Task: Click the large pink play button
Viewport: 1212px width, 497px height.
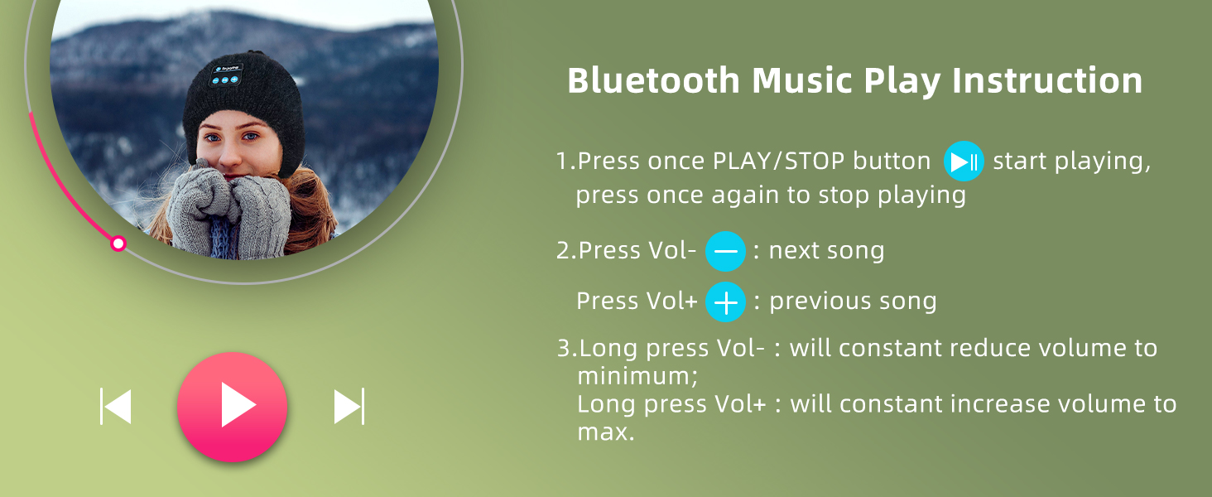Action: click(x=232, y=407)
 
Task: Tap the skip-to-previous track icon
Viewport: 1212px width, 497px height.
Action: click(x=116, y=406)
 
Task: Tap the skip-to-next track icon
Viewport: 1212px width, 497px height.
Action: click(x=349, y=406)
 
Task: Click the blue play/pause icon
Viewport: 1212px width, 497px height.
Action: click(x=964, y=162)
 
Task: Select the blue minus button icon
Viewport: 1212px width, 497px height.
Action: click(x=725, y=251)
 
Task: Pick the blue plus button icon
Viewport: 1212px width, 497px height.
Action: click(x=725, y=302)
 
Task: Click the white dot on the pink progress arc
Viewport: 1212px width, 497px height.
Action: click(x=118, y=244)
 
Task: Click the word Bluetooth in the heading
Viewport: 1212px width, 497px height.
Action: click(x=654, y=80)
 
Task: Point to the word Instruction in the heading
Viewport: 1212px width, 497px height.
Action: click(x=1047, y=80)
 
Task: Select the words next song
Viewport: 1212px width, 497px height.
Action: click(x=826, y=251)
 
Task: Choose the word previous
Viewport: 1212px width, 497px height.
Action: click(x=818, y=302)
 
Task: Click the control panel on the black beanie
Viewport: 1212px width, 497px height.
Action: click(x=226, y=75)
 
